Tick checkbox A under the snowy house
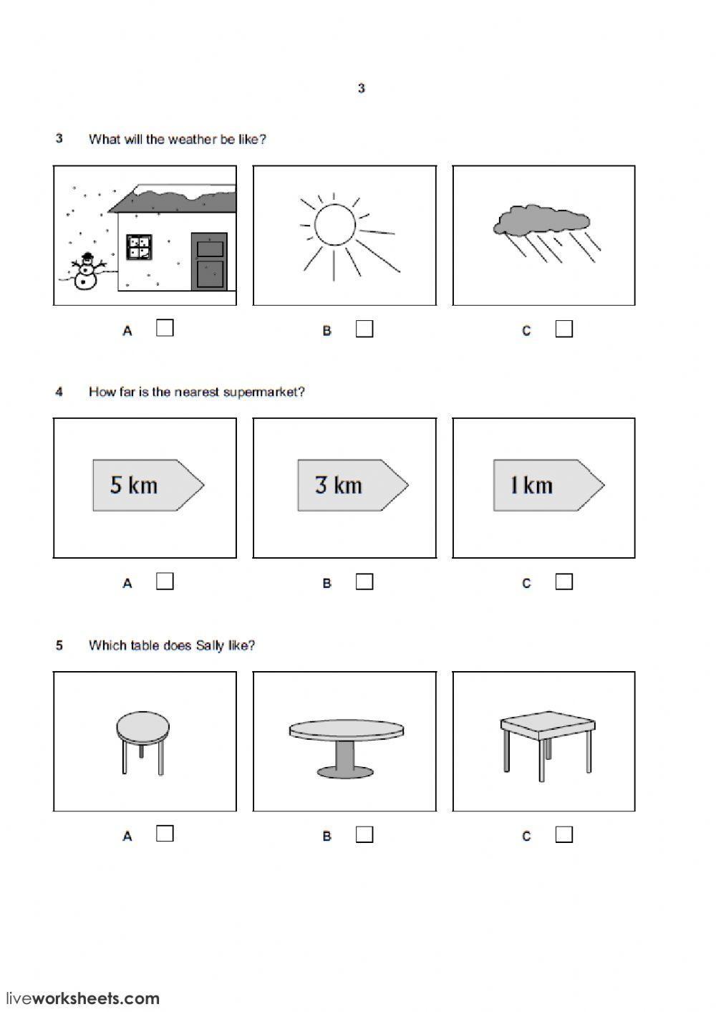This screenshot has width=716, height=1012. (x=165, y=328)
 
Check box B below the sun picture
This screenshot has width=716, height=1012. (x=364, y=329)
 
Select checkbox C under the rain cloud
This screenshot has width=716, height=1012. (x=564, y=329)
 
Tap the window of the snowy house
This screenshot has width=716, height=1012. (x=139, y=247)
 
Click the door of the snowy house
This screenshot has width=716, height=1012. (x=209, y=261)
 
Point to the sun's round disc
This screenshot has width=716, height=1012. (x=335, y=225)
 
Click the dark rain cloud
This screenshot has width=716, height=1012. (x=541, y=221)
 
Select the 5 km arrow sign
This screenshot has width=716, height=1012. (x=149, y=485)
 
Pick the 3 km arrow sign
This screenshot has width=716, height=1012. (x=353, y=485)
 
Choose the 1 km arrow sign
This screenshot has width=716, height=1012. (x=549, y=485)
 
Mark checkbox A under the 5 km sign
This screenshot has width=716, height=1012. (x=165, y=582)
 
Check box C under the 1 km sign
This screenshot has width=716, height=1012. (x=564, y=582)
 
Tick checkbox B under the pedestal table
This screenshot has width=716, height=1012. (x=364, y=834)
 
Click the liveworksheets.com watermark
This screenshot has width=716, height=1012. (x=82, y=998)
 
